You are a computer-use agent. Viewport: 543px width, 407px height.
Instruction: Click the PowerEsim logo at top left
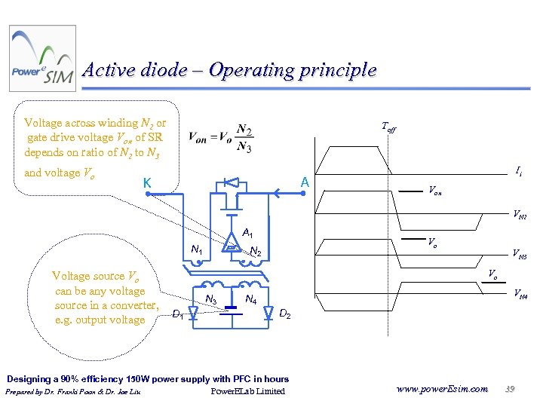point(42,59)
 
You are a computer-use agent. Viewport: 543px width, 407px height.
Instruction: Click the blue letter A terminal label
point(304,182)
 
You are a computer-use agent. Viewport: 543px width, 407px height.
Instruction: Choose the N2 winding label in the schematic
point(256,252)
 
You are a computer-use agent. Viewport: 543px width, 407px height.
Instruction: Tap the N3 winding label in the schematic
point(212,301)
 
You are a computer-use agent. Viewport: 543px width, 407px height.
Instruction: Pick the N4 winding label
point(252,301)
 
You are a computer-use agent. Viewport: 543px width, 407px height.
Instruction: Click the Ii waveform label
point(520,172)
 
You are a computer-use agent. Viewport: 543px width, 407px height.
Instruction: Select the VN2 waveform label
point(520,216)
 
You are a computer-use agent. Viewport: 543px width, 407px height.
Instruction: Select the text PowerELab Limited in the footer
point(247,391)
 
